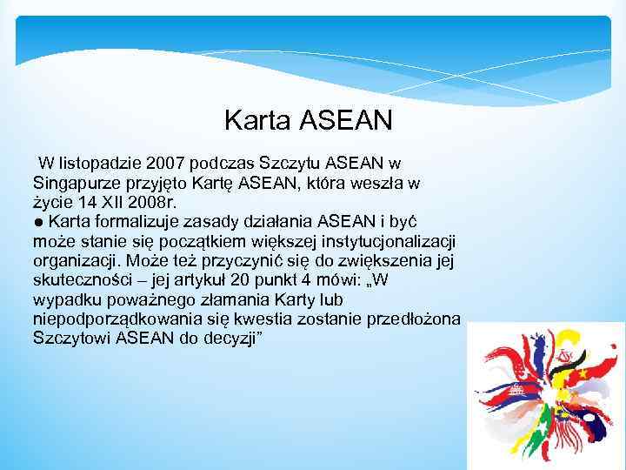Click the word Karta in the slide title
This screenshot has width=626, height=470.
256,120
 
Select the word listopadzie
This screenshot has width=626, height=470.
97,164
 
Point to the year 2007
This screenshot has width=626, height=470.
165,164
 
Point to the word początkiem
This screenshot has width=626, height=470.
194,240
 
